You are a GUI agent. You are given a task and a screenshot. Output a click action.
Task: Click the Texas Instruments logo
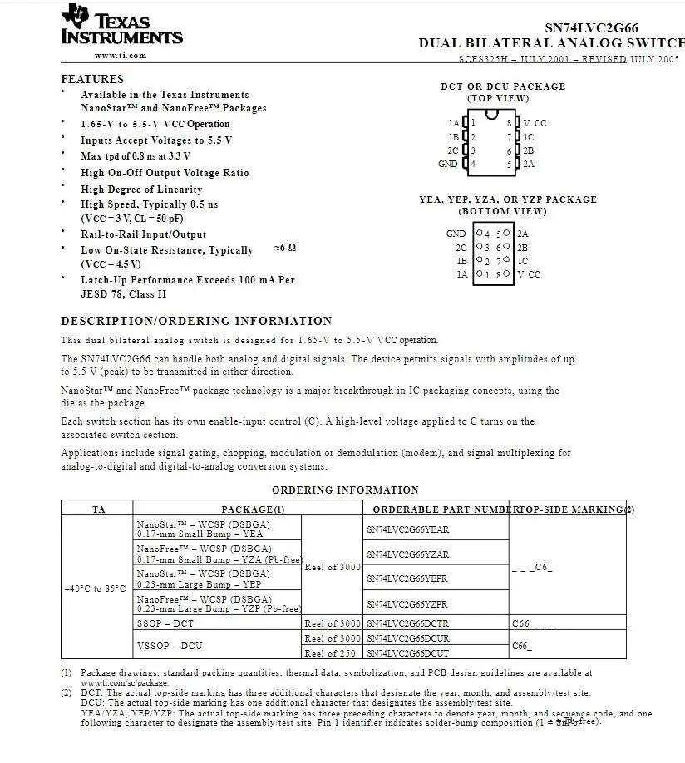click(121, 25)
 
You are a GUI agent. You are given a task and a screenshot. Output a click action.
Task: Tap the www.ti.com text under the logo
click(121, 56)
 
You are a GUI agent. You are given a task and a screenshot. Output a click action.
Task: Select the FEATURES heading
click(92, 80)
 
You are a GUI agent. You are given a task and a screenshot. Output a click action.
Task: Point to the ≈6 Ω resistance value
click(284, 249)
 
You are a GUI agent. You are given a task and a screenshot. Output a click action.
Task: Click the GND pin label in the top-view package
click(447, 164)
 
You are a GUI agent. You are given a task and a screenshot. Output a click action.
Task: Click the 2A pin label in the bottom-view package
click(522, 234)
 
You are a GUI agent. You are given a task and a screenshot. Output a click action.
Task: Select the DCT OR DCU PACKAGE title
click(503, 86)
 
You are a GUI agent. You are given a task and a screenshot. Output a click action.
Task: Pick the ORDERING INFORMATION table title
click(345, 490)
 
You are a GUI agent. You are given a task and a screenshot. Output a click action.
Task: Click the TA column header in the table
click(98, 509)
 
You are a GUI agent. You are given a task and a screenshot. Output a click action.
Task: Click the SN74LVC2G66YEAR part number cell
click(407, 529)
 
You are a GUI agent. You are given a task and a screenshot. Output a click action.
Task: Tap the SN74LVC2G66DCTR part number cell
click(407, 623)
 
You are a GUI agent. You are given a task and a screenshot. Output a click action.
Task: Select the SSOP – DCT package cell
click(165, 623)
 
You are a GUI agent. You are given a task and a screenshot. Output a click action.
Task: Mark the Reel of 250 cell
click(333, 653)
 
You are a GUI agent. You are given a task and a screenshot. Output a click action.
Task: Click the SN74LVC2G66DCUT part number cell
click(407, 653)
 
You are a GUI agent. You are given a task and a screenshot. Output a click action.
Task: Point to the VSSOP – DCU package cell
click(170, 645)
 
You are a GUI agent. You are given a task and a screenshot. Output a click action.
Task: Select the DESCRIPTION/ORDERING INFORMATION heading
click(196, 321)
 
